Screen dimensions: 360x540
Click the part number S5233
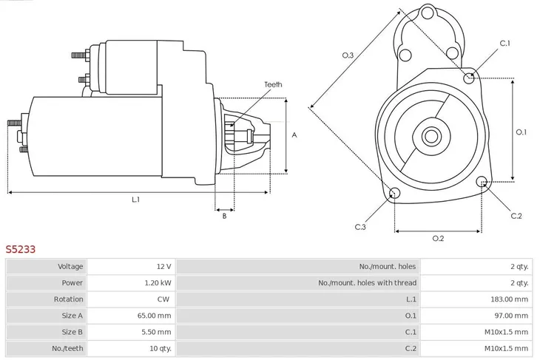point(21,250)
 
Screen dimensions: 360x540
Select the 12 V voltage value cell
point(163,266)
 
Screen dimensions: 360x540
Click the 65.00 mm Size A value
point(155,316)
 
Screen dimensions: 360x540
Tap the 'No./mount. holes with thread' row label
point(367,282)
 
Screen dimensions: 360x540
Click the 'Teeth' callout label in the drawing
point(273,85)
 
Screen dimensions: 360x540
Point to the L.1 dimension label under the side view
point(136,200)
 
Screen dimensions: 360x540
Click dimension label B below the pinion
point(224,216)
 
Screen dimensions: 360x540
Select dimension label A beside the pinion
point(294,135)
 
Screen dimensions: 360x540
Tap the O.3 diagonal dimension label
point(348,55)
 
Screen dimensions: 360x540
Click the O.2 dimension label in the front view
point(438,238)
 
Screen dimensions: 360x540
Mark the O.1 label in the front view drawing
point(521,132)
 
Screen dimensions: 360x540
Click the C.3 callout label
point(360,226)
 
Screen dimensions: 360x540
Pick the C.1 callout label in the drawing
point(504,44)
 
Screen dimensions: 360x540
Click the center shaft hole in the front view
point(431,136)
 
